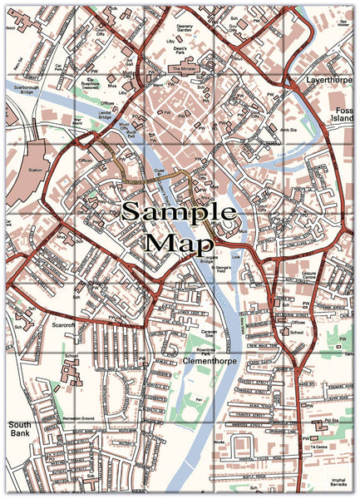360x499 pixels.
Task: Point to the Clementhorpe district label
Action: point(208,363)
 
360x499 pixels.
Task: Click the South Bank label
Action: point(21,429)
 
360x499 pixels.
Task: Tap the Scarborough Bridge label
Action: point(34,89)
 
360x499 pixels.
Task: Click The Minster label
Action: point(185,68)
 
